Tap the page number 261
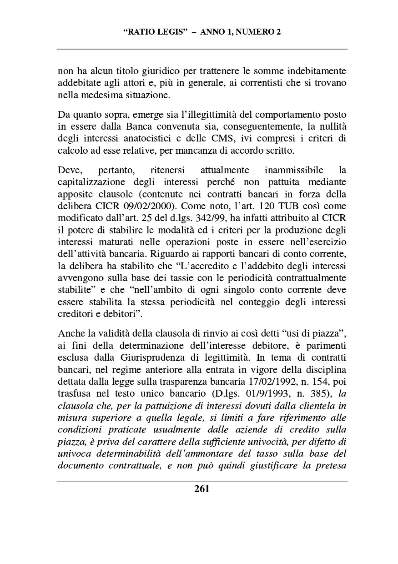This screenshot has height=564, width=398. pyautogui.click(x=202, y=489)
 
